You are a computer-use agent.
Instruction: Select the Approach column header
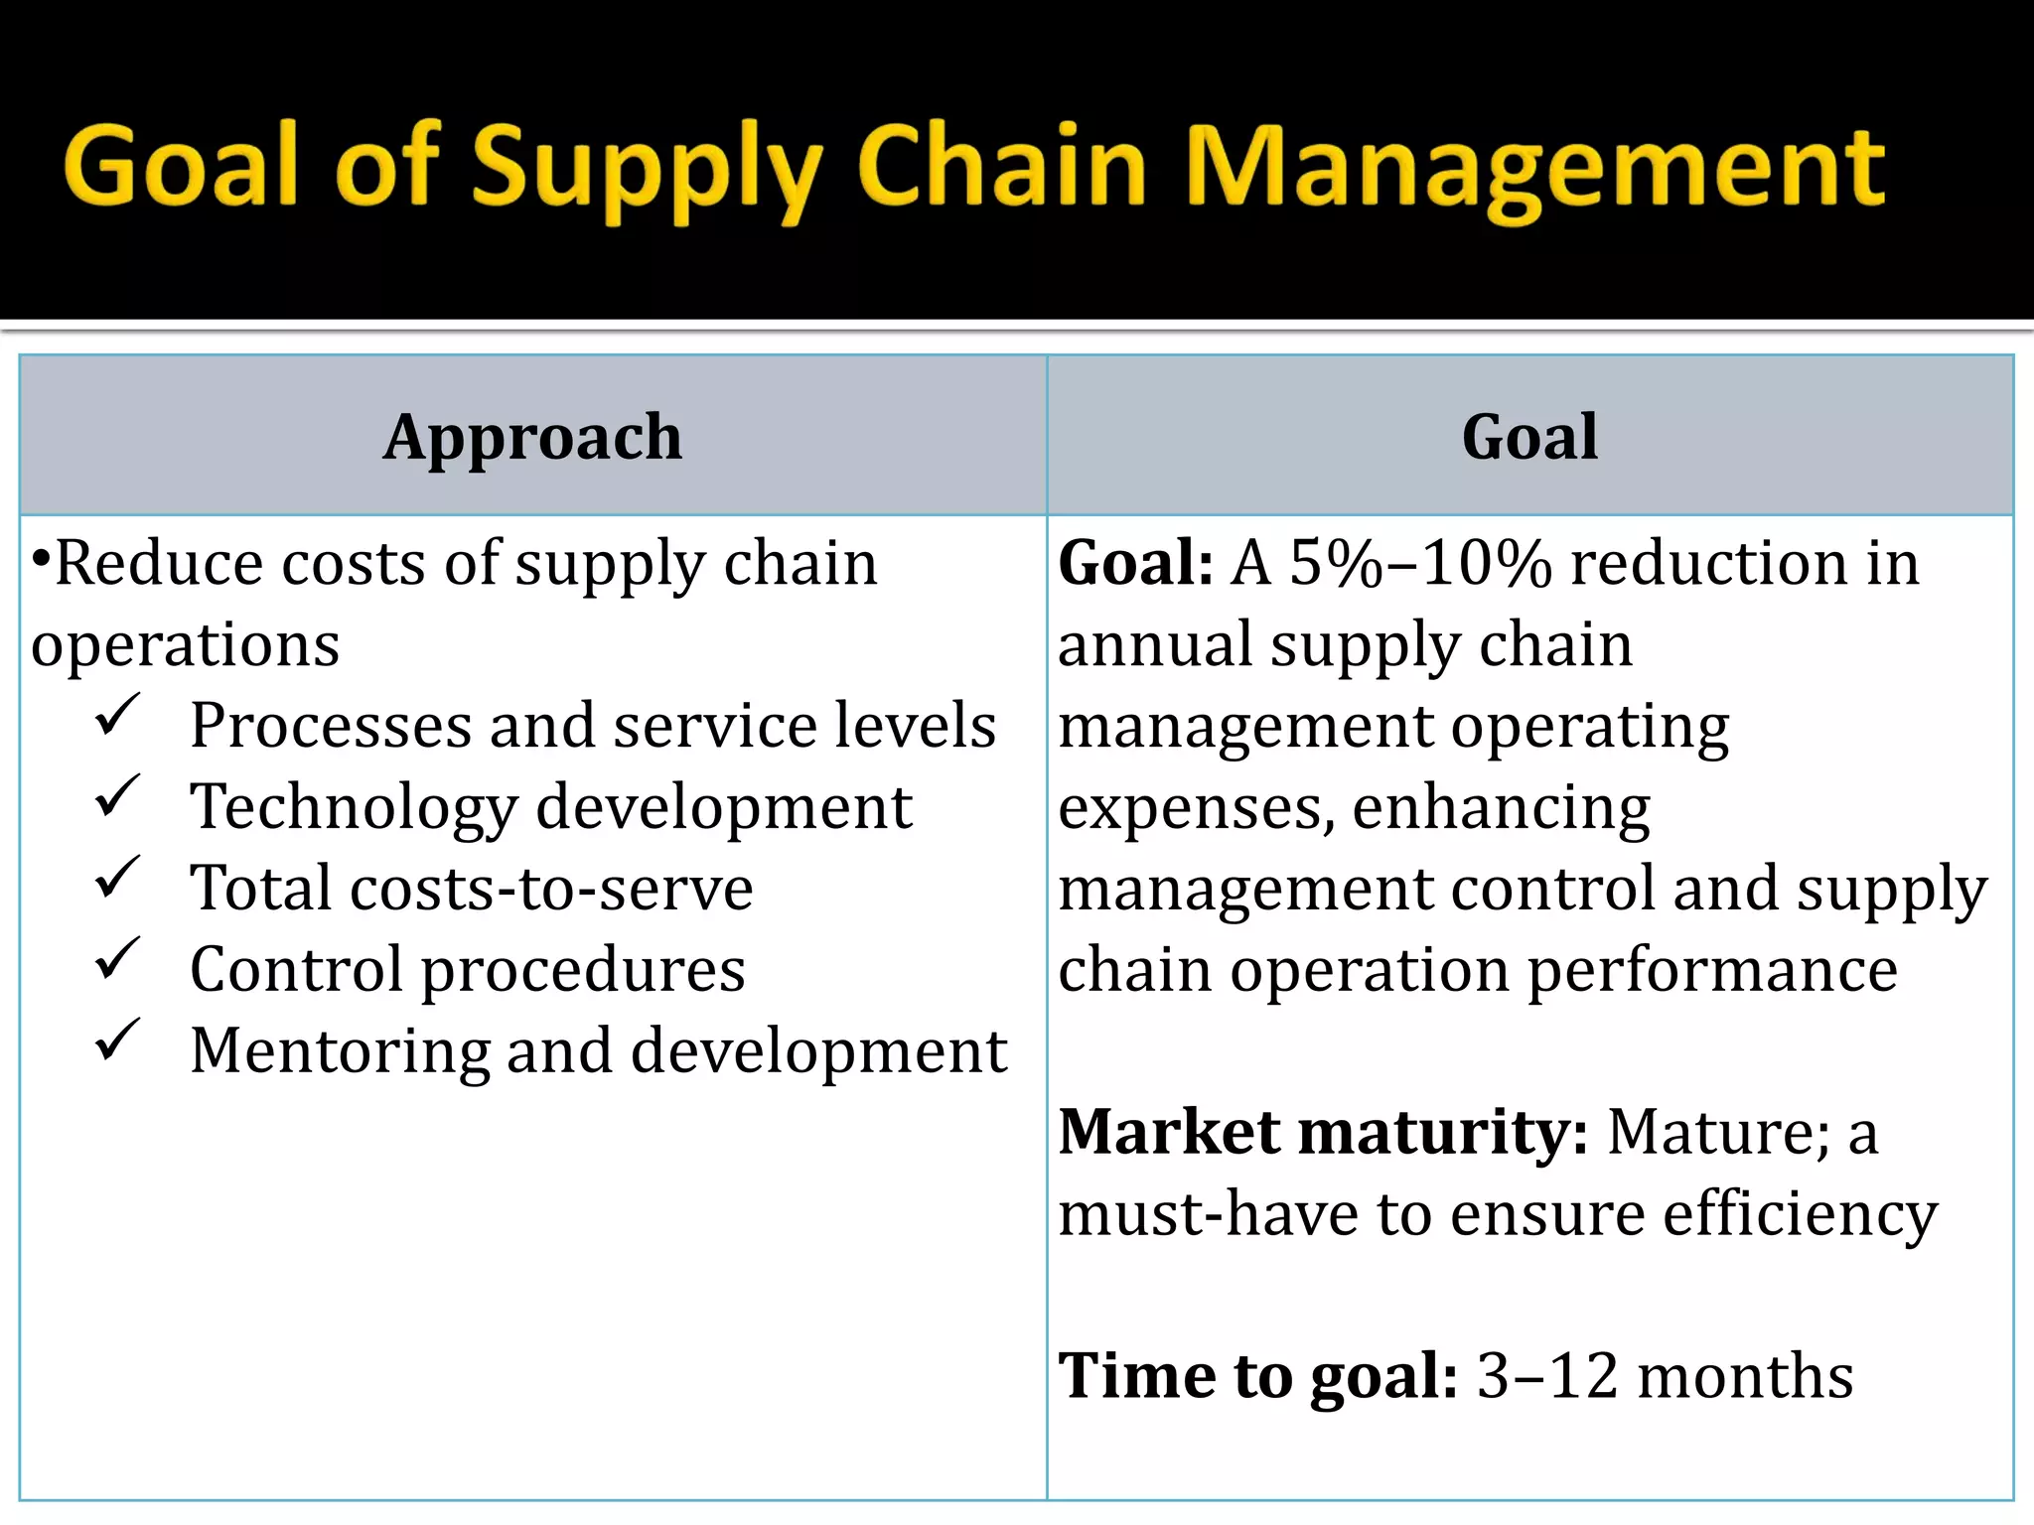click(x=532, y=437)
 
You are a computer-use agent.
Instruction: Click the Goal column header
click(x=1529, y=437)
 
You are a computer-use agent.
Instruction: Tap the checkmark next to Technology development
click(x=117, y=796)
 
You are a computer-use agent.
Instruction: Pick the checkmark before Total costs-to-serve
click(x=117, y=878)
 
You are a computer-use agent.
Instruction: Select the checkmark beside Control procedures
click(x=117, y=959)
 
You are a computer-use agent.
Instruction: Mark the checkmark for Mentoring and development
click(x=117, y=1040)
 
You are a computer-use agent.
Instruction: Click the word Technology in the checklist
click(x=354, y=808)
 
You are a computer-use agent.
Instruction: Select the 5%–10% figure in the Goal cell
click(x=1420, y=564)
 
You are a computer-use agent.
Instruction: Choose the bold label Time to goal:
click(x=1257, y=1376)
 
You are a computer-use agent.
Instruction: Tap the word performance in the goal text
click(x=1712, y=970)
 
